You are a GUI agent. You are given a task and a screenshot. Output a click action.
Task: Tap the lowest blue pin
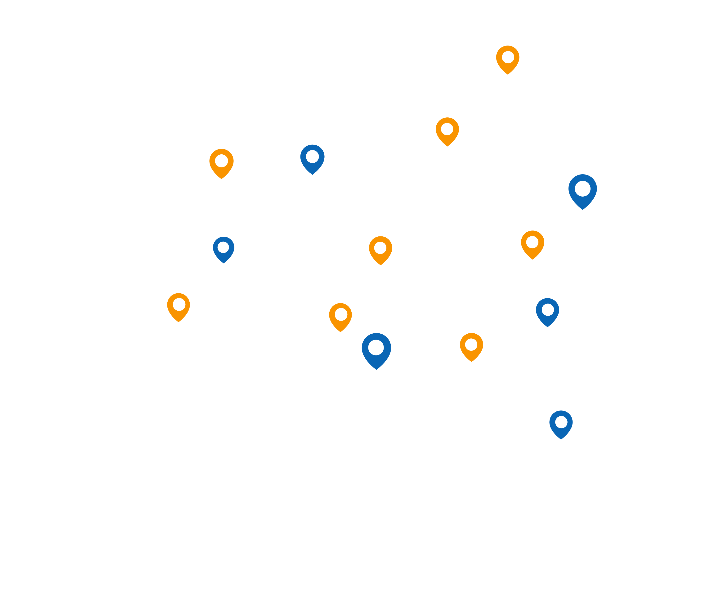click(x=561, y=424)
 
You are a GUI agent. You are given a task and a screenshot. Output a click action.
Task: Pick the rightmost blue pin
click(x=583, y=190)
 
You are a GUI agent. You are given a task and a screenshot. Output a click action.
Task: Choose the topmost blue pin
click(x=312, y=158)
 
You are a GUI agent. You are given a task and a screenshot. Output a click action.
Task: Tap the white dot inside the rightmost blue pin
click(x=583, y=189)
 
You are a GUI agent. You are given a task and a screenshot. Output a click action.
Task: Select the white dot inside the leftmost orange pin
click(x=179, y=304)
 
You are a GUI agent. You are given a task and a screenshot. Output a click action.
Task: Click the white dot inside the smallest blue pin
click(x=223, y=247)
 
